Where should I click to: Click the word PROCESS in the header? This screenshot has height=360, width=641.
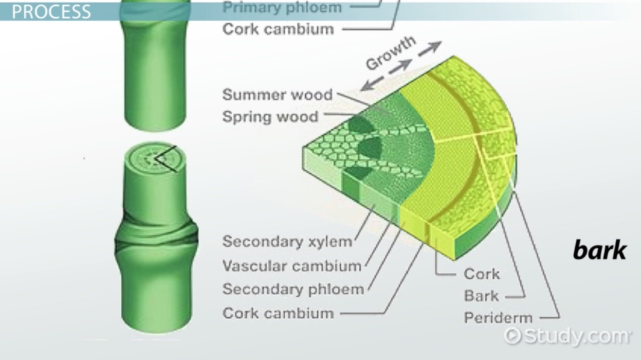tap(51, 11)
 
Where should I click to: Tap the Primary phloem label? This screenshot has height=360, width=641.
tap(282, 7)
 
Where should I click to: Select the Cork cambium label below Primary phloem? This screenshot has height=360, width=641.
tap(278, 29)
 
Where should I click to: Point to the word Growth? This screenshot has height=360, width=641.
tap(391, 53)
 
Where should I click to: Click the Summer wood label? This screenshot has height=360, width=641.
tap(277, 95)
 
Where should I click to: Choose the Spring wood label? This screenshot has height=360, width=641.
tap(270, 117)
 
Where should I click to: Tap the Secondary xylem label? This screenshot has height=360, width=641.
tap(287, 241)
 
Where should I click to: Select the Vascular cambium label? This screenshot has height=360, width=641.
tap(292, 266)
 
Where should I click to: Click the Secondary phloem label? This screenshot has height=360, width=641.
tap(293, 289)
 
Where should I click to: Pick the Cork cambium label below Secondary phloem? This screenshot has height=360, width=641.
tap(278, 313)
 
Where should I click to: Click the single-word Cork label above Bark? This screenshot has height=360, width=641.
tap(482, 274)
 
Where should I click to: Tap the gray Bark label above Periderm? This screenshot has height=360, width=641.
tap(481, 295)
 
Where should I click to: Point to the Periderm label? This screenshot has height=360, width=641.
tap(498, 317)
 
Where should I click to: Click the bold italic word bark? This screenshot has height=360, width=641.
tap(599, 250)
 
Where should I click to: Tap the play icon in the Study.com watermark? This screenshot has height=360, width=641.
tap(512, 336)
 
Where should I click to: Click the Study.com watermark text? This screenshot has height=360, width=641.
tap(576, 336)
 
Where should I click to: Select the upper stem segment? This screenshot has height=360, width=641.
tap(155, 65)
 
